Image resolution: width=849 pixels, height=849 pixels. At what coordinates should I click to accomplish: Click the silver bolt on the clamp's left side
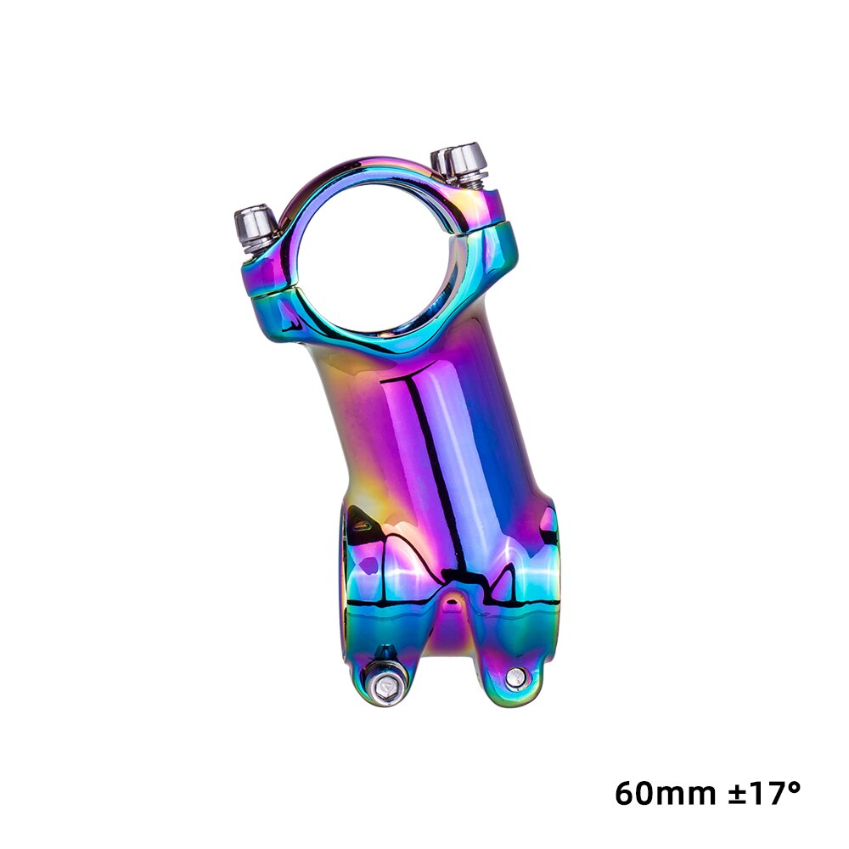click(255, 226)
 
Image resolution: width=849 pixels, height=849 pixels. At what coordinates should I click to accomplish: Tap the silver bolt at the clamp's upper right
click(463, 161)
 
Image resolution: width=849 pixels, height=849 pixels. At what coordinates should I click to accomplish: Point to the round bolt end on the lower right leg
click(515, 677)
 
